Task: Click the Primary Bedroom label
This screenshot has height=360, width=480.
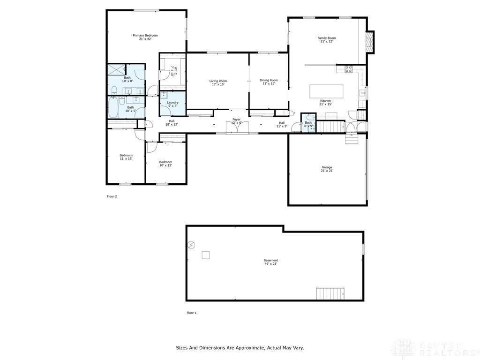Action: pos(145,36)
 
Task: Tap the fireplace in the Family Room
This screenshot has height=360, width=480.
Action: pos(370,42)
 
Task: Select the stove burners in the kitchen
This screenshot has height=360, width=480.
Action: pos(349,69)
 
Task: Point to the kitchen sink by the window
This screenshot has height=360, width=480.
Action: pos(362,93)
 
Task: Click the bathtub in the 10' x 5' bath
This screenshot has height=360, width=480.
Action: pos(113,108)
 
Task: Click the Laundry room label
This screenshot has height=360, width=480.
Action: pos(172,103)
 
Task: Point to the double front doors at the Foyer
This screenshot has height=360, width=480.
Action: pos(236,127)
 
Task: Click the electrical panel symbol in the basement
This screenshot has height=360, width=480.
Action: pos(191,244)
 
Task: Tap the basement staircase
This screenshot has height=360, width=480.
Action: pos(331,294)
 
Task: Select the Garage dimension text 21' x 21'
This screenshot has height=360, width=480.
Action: pos(327,171)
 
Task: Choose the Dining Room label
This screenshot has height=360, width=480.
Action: pos(269,80)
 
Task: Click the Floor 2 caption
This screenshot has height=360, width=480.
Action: pos(112,196)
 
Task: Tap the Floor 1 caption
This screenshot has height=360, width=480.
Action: pos(191,313)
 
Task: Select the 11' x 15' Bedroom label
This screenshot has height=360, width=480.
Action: pos(126,157)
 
